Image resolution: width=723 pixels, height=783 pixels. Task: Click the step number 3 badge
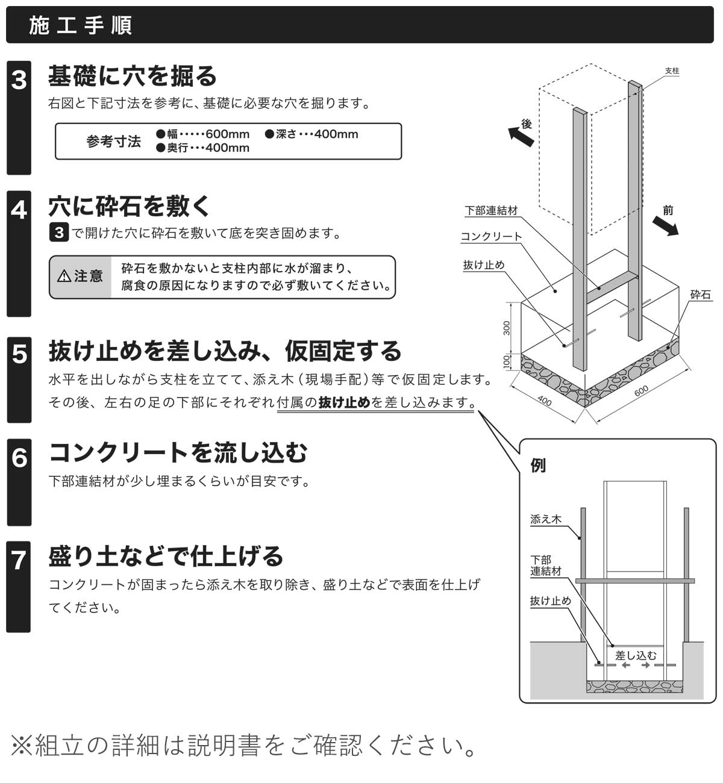pos(19,80)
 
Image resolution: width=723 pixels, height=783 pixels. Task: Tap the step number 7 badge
pos(19,560)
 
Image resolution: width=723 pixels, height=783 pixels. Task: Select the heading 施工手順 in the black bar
pos(81,26)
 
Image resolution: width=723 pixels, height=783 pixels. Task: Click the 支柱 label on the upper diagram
pos(672,71)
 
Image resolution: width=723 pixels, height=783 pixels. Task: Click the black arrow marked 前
pos(665,224)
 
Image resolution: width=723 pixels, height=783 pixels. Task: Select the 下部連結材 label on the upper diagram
pos(491,211)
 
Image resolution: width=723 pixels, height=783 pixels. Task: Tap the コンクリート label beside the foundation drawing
pos(491,237)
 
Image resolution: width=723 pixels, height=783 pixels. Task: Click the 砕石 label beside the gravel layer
pos(700,295)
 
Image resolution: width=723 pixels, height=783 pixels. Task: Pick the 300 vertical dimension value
pos(507,328)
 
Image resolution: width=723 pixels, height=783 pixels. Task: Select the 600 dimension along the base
pos(641,391)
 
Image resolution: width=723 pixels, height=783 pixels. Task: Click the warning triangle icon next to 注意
pos(64,276)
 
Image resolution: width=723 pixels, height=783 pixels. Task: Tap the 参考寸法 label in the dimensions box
pos(113,142)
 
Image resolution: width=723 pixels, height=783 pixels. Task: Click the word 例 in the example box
pos(538,466)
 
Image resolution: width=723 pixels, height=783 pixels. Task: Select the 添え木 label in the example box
pos(545,519)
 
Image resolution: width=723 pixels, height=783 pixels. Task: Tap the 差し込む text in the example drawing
pos(635,655)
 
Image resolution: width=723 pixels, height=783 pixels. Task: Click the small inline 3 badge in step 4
pos(58,232)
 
